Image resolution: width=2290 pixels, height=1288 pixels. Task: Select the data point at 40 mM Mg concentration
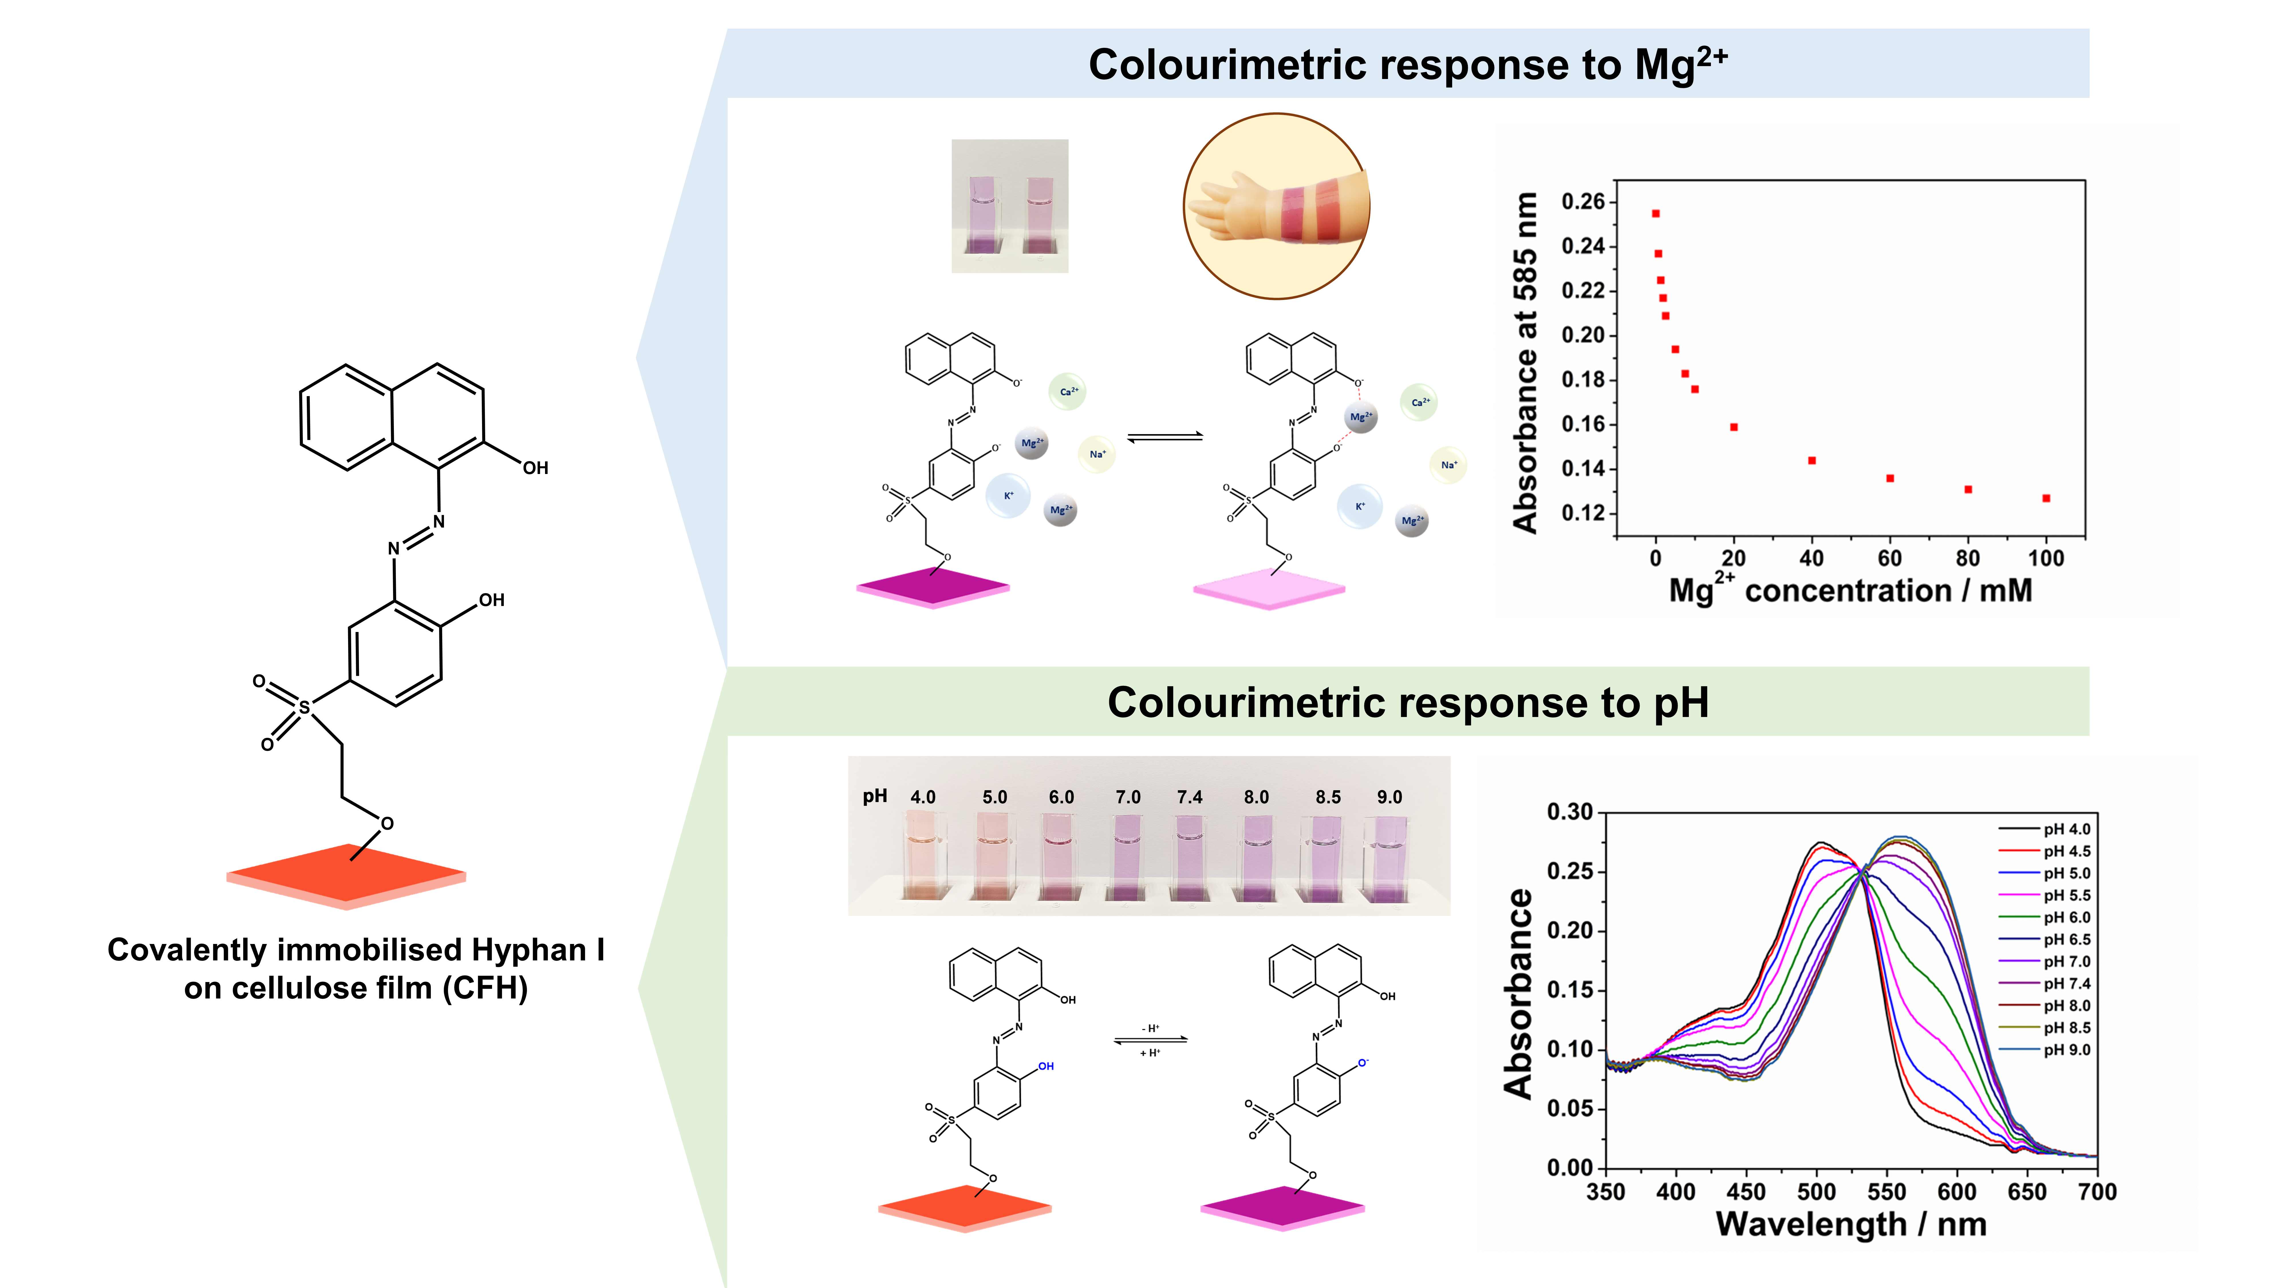(1812, 461)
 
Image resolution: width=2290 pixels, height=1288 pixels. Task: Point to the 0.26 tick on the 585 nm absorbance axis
(1582, 202)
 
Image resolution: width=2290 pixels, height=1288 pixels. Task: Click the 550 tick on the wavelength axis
(1886, 1192)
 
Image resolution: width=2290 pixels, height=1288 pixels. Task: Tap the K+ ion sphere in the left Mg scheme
(1008, 496)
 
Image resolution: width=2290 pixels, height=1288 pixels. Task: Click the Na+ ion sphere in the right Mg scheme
(1448, 465)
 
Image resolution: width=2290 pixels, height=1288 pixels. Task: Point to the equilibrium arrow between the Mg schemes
(1164, 436)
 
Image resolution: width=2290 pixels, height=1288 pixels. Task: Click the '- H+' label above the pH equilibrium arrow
(1151, 1028)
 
